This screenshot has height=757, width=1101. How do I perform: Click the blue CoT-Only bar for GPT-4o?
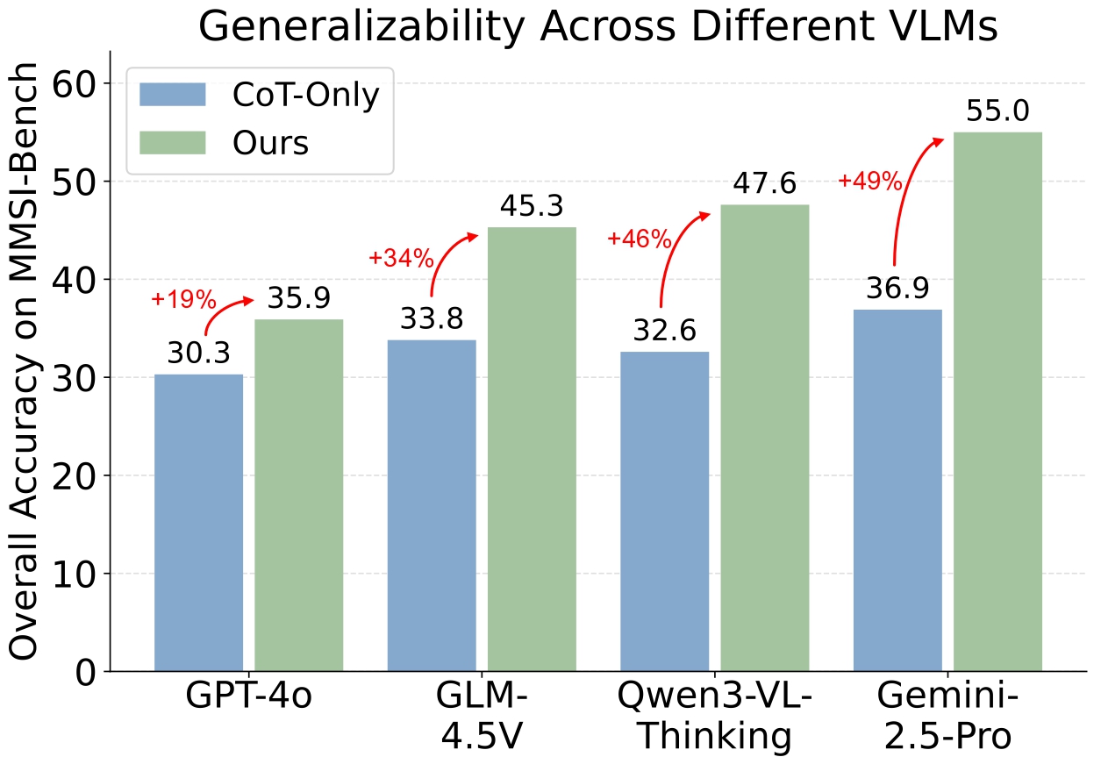point(198,523)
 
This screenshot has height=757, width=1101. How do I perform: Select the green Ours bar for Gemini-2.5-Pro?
point(997,402)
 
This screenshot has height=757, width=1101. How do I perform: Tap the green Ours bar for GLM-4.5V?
point(532,449)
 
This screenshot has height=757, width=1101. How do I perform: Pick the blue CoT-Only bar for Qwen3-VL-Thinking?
point(664,511)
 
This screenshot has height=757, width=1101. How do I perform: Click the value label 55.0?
point(997,112)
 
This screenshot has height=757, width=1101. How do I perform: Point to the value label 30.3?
point(198,354)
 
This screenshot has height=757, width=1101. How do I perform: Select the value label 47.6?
point(764,184)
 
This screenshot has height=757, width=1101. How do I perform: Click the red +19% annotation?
point(182,299)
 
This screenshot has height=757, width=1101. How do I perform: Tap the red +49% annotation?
point(869,182)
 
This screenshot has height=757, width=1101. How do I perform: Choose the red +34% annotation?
point(401,258)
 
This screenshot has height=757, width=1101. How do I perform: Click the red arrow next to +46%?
point(674,254)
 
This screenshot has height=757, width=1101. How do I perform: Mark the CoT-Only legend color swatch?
point(172,95)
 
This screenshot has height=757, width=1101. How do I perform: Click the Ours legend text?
point(270,143)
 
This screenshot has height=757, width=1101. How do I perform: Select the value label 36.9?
point(897,289)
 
